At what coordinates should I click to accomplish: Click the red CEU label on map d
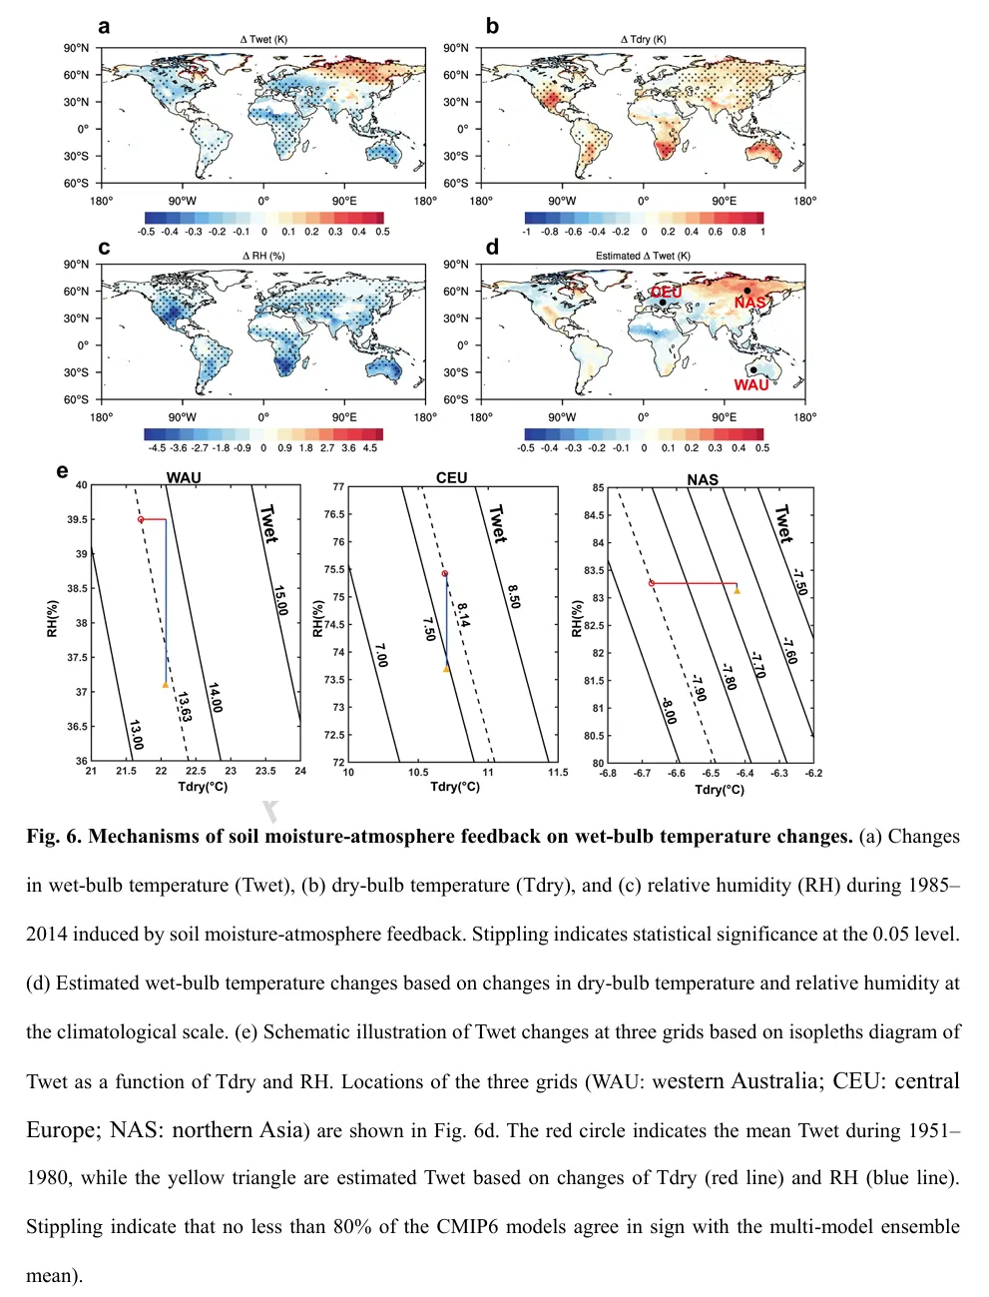(x=666, y=291)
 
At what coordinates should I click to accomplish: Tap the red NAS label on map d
(x=749, y=303)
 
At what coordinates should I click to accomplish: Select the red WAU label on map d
(x=751, y=384)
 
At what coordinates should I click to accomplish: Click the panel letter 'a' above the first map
(x=104, y=27)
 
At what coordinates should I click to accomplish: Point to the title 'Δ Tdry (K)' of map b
(x=643, y=39)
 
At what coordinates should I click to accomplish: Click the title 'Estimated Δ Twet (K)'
(x=643, y=256)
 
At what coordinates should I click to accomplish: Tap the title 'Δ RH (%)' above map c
(x=263, y=256)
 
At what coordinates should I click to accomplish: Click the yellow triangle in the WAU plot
(x=166, y=684)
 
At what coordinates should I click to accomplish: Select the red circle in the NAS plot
(x=652, y=583)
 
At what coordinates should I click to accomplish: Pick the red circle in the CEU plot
(x=445, y=573)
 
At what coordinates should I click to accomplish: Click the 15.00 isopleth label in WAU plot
(x=279, y=600)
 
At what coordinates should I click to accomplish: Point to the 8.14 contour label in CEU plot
(x=463, y=614)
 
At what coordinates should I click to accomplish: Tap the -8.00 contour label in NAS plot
(x=668, y=711)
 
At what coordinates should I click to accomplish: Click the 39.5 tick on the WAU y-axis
(x=76, y=519)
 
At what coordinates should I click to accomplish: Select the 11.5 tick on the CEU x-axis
(x=558, y=772)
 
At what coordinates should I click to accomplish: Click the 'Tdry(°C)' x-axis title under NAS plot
(x=719, y=790)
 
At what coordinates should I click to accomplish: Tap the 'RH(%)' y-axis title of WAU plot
(x=53, y=618)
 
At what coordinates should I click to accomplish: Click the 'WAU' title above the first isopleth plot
(x=184, y=477)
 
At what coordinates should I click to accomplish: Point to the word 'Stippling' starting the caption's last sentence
(x=64, y=1226)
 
